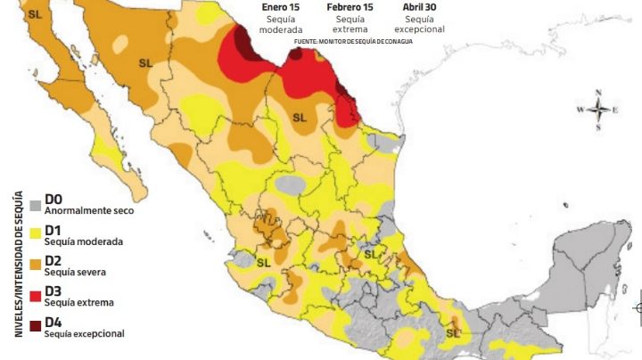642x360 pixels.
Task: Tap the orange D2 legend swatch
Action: pyautogui.click(x=36, y=266)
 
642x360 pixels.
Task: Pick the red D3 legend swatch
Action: pyautogui.click(x=36, y=297)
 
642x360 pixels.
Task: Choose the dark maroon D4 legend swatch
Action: pyautogui.click(x=36, y=327)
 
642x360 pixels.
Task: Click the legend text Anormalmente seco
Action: pyautogui.click(x=85, y=211)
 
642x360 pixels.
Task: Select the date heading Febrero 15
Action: pyautogui.click(x=350, y=7)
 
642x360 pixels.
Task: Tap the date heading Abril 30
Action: pyautogui.click(x=419, y=7)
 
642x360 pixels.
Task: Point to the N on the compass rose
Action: pyautogui.click(x=599, y=93)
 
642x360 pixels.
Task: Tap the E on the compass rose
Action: pyautogui.click(x=616, y=110)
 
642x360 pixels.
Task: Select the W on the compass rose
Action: pyautogui.click(x=580, y=110)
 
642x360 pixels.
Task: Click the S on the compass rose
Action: pyautogui.click(x=599, y=127)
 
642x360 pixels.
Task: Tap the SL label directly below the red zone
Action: pyautogui.click(x=299, y=117)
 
